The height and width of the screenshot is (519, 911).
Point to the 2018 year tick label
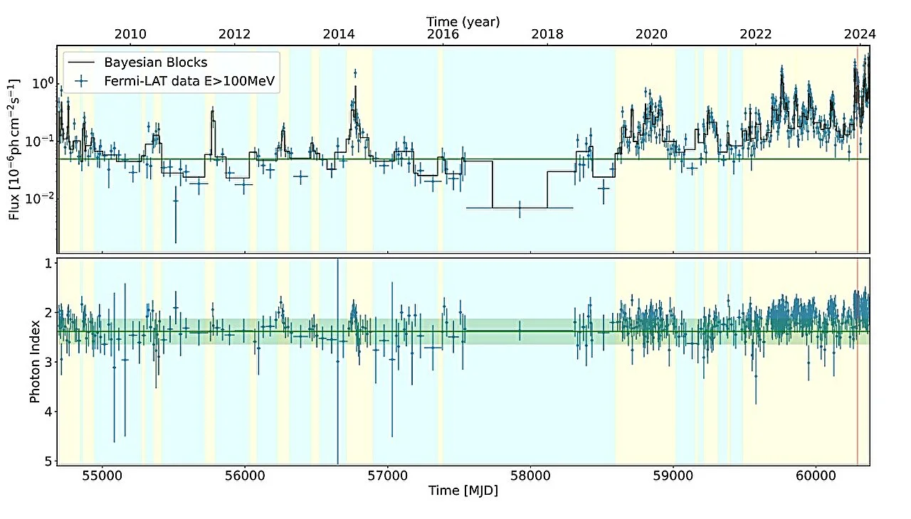[547, 33]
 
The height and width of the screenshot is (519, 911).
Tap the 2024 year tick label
[859, 33]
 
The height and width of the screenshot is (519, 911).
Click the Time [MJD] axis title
[463, 491]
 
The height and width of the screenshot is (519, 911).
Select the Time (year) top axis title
[463, 21]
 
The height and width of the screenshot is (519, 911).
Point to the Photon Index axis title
[34, 362]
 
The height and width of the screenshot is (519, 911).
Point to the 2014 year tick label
[338, 33]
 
